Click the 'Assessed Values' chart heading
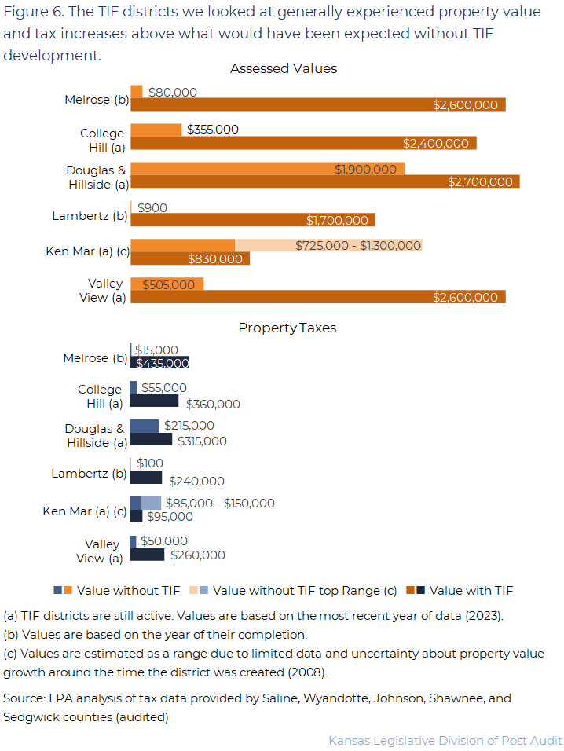(x=283, y=69)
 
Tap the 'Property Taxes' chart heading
(x=287, y=328)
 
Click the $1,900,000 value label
(x=365, y=169)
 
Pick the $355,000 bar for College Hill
(x=156, y=130)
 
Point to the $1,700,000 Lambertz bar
(x=252, y=220)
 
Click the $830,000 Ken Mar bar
(x=189, y=258)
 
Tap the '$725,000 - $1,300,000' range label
(x=358, y=246)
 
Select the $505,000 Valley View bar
(x=167, y=284)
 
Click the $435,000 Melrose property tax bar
(x=159, y=363)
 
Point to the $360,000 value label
(x=213, y=405)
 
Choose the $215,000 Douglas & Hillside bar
(x=144, y=426)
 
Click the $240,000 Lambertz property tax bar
(x=145, y=478)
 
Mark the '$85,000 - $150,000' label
(x=220, y=504)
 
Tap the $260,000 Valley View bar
(x=147, y=555)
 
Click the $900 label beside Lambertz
(x=152, y=207)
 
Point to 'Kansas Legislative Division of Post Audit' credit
(x=445, y=740)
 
